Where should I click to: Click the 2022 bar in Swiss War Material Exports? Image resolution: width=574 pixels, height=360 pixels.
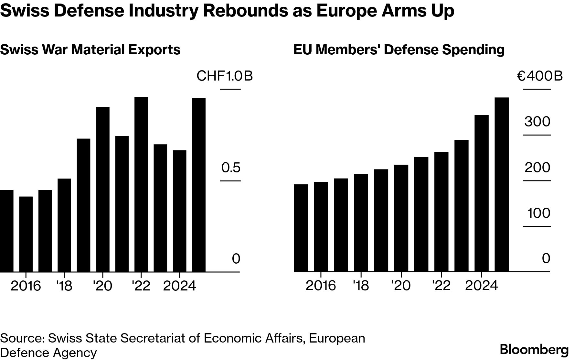click(x=141, y=184)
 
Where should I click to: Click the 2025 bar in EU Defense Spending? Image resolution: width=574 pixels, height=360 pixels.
click(x=502, y=184)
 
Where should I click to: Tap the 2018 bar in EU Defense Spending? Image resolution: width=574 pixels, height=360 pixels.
click(x=361, y=223)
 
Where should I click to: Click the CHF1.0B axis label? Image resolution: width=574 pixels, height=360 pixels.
click(x=225, y=76)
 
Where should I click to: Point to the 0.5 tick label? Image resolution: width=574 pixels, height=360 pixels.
click(x=231, y=168)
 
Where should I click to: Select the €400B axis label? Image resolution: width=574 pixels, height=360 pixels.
click(x=540, y=76)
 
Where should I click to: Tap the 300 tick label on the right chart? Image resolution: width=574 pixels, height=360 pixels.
click(x=537, y=122)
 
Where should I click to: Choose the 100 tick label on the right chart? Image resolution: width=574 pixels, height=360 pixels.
click(x=538, y=213)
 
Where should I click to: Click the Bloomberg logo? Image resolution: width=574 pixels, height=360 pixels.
click(x=534, y=350)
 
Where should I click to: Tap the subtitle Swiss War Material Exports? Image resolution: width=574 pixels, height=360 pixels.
click(x=90, y=50)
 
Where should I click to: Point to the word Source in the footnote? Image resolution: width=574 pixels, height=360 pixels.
click(x=22, y=338)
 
